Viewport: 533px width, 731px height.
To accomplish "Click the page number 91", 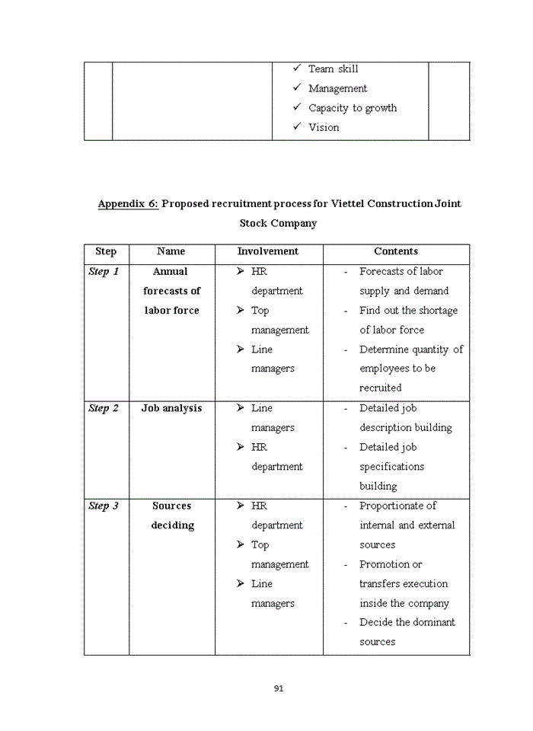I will (278, 688).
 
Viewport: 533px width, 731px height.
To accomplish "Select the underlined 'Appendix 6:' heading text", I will (128, 204).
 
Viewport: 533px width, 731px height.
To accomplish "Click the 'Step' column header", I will (106, 251).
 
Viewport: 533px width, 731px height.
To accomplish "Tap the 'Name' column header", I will (171, 251).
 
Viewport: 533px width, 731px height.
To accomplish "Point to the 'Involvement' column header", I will (268, 251).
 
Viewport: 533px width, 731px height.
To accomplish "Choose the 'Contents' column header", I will (396, 251).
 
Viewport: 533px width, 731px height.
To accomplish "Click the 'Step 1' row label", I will (104, 272).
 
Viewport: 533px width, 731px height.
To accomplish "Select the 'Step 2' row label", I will (104, 409).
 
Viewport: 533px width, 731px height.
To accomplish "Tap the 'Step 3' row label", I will (104, 506).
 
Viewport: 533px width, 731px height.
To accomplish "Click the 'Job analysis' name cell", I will (171, 409).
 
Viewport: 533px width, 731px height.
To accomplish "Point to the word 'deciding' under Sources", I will (172, 525).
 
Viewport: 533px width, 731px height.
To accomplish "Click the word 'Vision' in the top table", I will (324, 128).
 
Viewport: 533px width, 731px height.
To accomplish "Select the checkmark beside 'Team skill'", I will (298, 69).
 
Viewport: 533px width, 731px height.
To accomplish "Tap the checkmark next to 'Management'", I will (298, 88).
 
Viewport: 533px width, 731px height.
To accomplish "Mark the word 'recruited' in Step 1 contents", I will (381, 388).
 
